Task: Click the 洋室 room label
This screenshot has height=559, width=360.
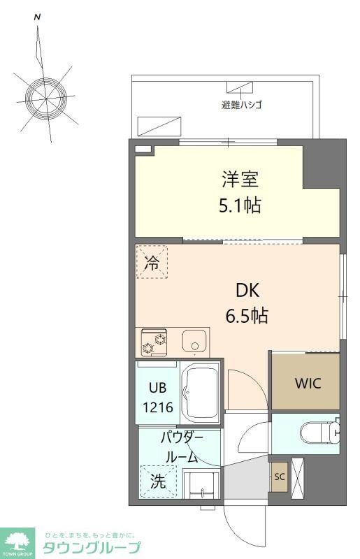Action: click(240, 180)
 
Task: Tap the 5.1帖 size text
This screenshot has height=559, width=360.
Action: click(240, 206)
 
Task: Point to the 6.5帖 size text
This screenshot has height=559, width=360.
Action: click(246, 315)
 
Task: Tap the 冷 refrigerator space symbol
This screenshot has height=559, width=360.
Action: click(151, 263)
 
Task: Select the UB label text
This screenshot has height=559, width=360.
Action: click(157, 390)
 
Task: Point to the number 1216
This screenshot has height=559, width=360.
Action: click(157, 407)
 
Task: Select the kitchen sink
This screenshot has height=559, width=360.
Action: click(194, 342)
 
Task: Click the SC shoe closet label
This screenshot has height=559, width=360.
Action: click(279, 477)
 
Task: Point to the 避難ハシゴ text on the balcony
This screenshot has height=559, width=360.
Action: click(242, 106)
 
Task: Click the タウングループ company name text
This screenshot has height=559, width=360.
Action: click(92, 547)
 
